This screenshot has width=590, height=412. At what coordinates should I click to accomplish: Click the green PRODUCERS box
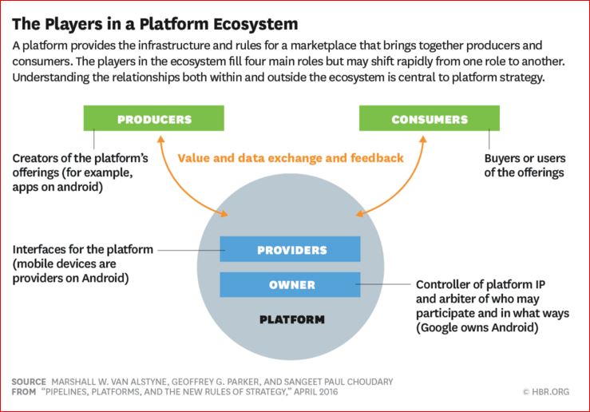pyautogui.click(x=154, y=119)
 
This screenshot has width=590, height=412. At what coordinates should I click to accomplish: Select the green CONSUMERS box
pyautogui.click(x=429, y=119)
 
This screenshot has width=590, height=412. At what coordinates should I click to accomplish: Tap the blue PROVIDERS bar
pyautogui.click(x=291, y=250)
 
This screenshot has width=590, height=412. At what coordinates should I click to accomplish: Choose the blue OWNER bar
pyautogui.click(x=291, y=285)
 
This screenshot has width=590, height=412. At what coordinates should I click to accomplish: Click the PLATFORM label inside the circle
pyautogui.click(x=291, y=319)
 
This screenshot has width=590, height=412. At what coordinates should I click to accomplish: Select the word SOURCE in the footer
pyautogui.click(x=29, y=382)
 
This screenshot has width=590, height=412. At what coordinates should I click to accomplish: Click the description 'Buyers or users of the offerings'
pyautogui.click(x=524, y=165)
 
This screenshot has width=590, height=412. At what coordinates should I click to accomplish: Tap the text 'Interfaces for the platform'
pyautogui.click(x=83, y=250)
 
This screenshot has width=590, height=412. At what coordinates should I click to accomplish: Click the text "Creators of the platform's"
pyautogui.click(x=81, y=158)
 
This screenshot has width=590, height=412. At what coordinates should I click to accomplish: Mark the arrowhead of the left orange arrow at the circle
pyautogui.click(x=226, y=212)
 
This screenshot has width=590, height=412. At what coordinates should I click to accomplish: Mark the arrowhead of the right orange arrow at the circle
pyautogui.click(x=359, y=212)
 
